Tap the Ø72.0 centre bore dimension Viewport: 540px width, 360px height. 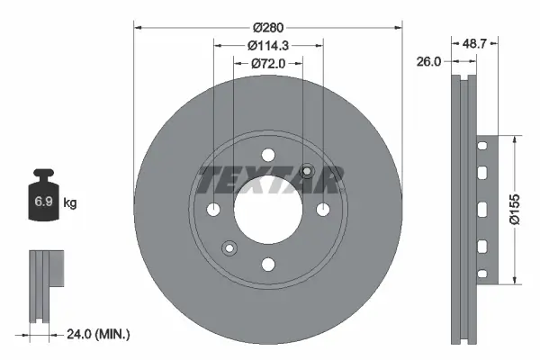point(268,62)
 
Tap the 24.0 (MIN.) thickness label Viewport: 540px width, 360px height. point(98,334)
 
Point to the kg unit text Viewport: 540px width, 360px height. point(70,203)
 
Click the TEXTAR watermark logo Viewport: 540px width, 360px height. point(268,180)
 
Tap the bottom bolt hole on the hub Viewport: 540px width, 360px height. point(268,265)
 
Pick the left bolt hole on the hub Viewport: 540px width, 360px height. point(214,211)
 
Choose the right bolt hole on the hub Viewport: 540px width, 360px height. point(322,211)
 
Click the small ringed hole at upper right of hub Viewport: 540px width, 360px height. point(308,171)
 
